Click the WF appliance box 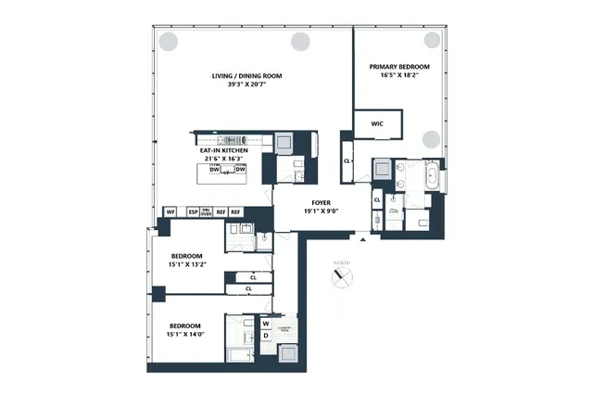point(170,212)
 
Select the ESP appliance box point(193,212)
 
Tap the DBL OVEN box point(207,212)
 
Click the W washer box point(266,324)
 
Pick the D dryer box point(266,336)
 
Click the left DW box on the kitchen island point(215,170)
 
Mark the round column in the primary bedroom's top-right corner point(431,41)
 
